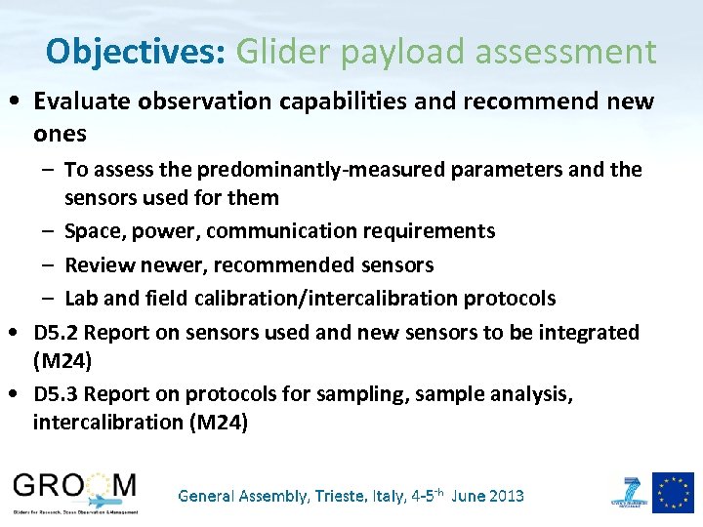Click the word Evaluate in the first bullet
point(76,102)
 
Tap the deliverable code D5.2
point(55,332)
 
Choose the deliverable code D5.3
point(55,393)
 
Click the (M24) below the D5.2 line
point(63,361)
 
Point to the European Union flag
point(673,492)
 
